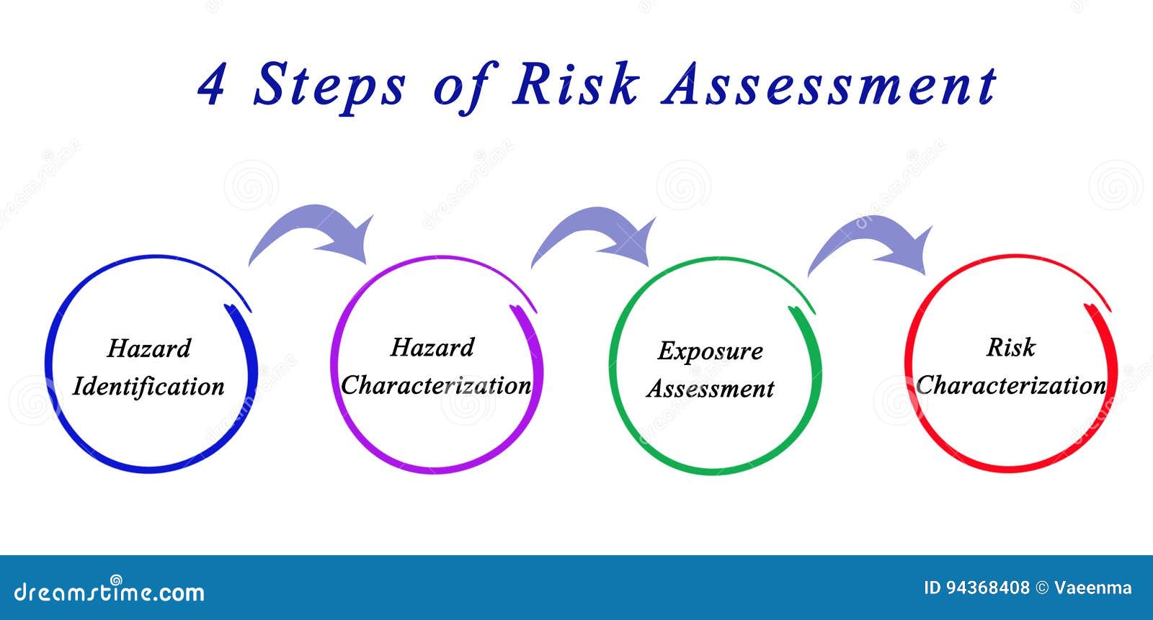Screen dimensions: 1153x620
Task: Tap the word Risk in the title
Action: [576, 84]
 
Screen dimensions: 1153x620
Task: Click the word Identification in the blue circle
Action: [148, 387]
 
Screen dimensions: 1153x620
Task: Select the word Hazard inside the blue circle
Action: [148, 349]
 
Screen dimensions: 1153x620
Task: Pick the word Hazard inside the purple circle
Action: [432, 347]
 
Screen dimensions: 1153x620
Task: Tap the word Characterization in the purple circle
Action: [436, 385]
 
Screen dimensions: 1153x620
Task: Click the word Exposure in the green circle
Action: [711, 352]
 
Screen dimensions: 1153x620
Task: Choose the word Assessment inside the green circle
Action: [711, 388]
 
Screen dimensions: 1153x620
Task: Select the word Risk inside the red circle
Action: [1011, 347]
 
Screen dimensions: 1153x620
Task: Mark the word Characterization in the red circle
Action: [1010, 385]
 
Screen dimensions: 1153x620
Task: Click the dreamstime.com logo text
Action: [109, 590]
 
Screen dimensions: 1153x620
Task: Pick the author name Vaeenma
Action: [1092, 588]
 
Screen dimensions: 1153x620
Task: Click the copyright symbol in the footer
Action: [1042, 588]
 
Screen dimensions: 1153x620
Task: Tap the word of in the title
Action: [466, 87]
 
